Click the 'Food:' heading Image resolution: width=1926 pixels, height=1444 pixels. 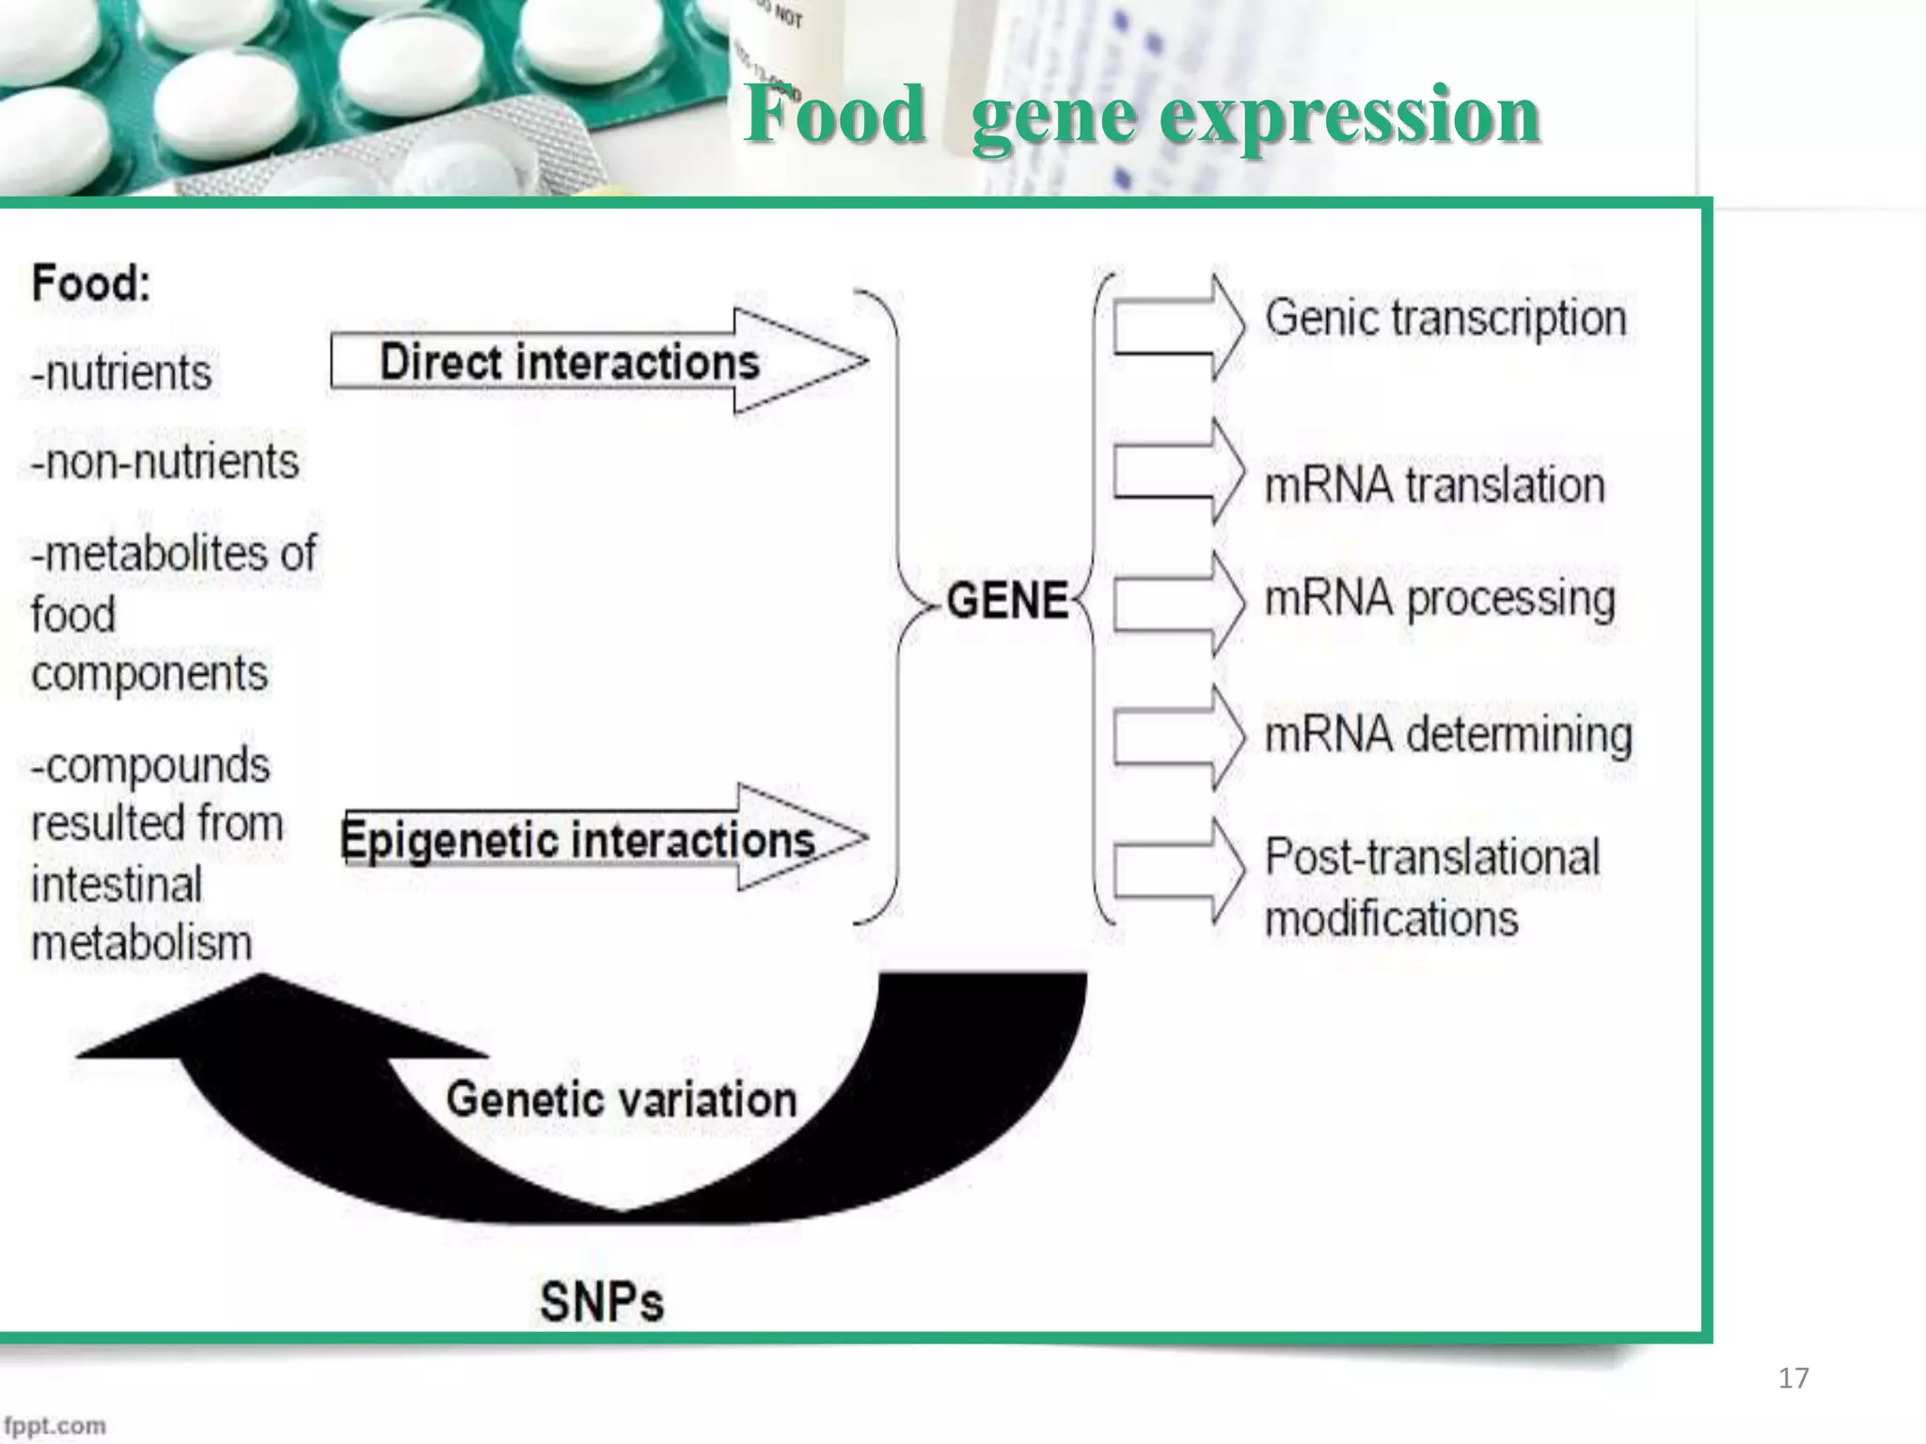[91, 283]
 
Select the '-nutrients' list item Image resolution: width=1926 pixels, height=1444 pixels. [121, 373]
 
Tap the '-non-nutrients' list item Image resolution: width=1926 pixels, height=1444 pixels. [165, 463]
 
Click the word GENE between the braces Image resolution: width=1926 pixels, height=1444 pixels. [1007, 601]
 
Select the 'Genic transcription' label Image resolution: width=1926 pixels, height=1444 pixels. [1444, 318]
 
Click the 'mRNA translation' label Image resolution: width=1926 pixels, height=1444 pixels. [1434, 486]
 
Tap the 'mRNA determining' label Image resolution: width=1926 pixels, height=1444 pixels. [1447, 735]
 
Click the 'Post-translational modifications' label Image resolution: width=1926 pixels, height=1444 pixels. [1430, 887]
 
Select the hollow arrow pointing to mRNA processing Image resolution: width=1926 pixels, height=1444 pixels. [1178, 604]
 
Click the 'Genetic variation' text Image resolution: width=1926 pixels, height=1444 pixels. [621, 1099]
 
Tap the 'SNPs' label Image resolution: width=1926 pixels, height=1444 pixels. [602, 1302]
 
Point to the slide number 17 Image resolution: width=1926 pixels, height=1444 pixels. [1793, 1378]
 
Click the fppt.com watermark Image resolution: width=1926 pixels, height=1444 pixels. [55, 1425]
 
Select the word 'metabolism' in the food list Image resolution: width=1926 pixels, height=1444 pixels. [141, 943]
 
